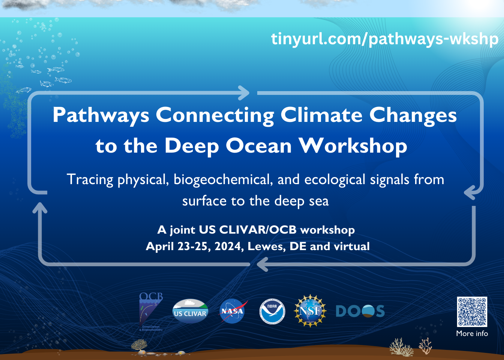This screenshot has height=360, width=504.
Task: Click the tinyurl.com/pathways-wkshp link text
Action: tap(384, 39)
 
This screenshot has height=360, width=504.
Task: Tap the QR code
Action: tap(472, 312)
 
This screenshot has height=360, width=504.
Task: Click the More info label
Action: tap(472, 333)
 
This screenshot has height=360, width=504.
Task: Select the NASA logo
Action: tap(232, 311)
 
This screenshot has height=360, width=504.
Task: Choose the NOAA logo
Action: tap(272, 311)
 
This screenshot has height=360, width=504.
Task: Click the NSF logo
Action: tap(310, 310)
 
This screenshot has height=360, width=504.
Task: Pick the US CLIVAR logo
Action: tap(190, 311)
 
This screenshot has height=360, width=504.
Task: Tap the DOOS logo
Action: tap(360, 311)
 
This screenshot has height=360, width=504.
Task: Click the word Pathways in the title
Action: tap(101, 115)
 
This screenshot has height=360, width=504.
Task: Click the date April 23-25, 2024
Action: tap(195, 246)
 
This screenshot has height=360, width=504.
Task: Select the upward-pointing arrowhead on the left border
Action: tap(40, 207)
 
